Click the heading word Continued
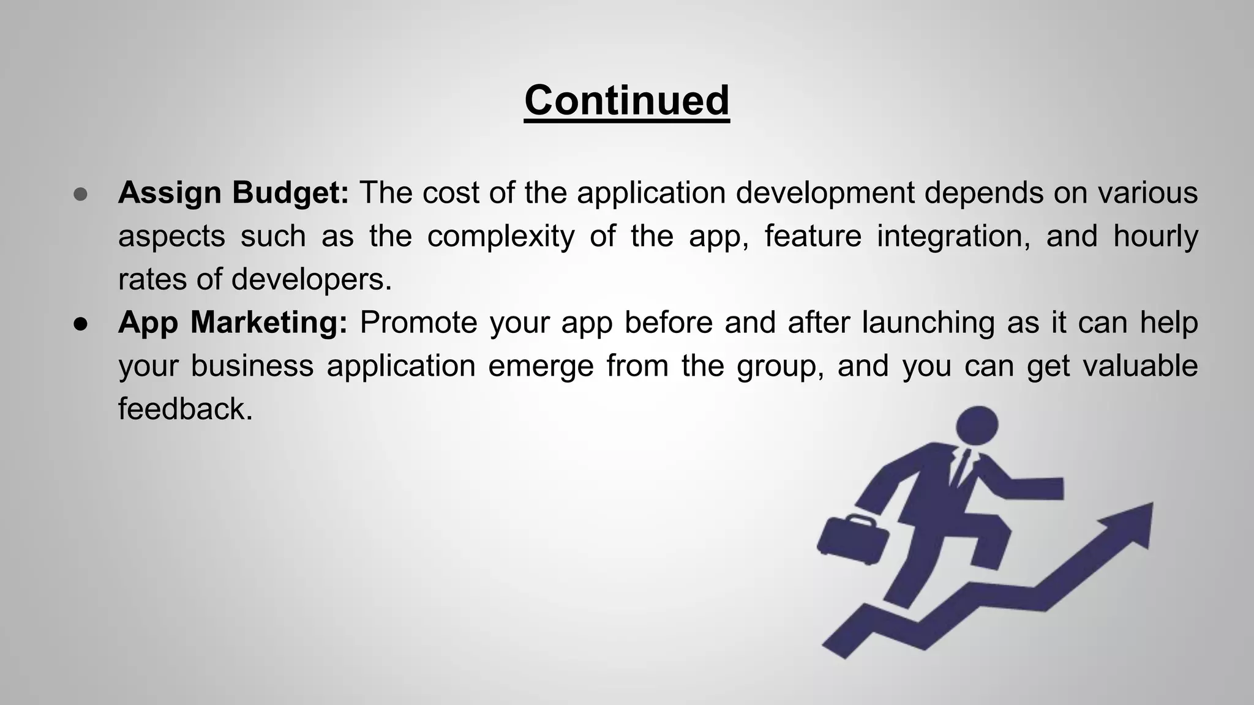point(626,100)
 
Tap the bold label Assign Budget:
point(233,193)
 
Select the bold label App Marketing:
point(233,323)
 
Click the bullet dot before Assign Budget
point(81,195)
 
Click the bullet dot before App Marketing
point(81,324)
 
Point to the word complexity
point(500,237)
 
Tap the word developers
point(310,280)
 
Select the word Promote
point(418,323)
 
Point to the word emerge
point(541,367)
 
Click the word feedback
point(184,409)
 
